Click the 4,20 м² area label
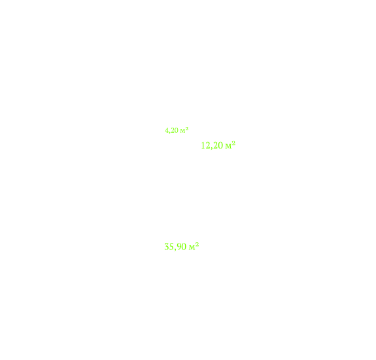pyautogui.click(x=177, y=130)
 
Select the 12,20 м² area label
pyautogui.click(x=218, y=145)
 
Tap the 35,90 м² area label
pyautogui.click(x=182, y=247)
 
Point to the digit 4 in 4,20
pyautogui.click(x=167, y=130)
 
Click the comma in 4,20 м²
pyautogui.click(x=170, y=132)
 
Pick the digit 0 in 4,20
pyautogui.click(x=177, y=130)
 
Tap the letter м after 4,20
pyautogui.click(x=182, y=132)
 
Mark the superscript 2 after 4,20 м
pyautogui.click(x=187, y=128)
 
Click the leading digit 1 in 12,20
pyautogui.click(x=203, y=145)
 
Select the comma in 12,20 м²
pyautogui.click(x=212, y=148)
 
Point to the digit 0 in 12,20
pyautogui.click(x=220, y=145)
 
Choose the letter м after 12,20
pyautogui.click(x=228, y=147)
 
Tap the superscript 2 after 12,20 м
pyautogui.click(x=233, y=143)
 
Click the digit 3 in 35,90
pyautogui.click(x=167, y=247)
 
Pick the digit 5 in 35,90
pyautogui.click(x=172, y=247)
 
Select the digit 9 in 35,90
pyautogui.click(x=179, y=247)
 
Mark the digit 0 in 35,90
pyautogui.click(x=184, y=247)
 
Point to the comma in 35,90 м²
pyautogui.click(x=175, y=249)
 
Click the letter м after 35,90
pyautogui.click(x=192, y=247)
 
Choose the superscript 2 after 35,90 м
pyautogui.click(x=197, y=244)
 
